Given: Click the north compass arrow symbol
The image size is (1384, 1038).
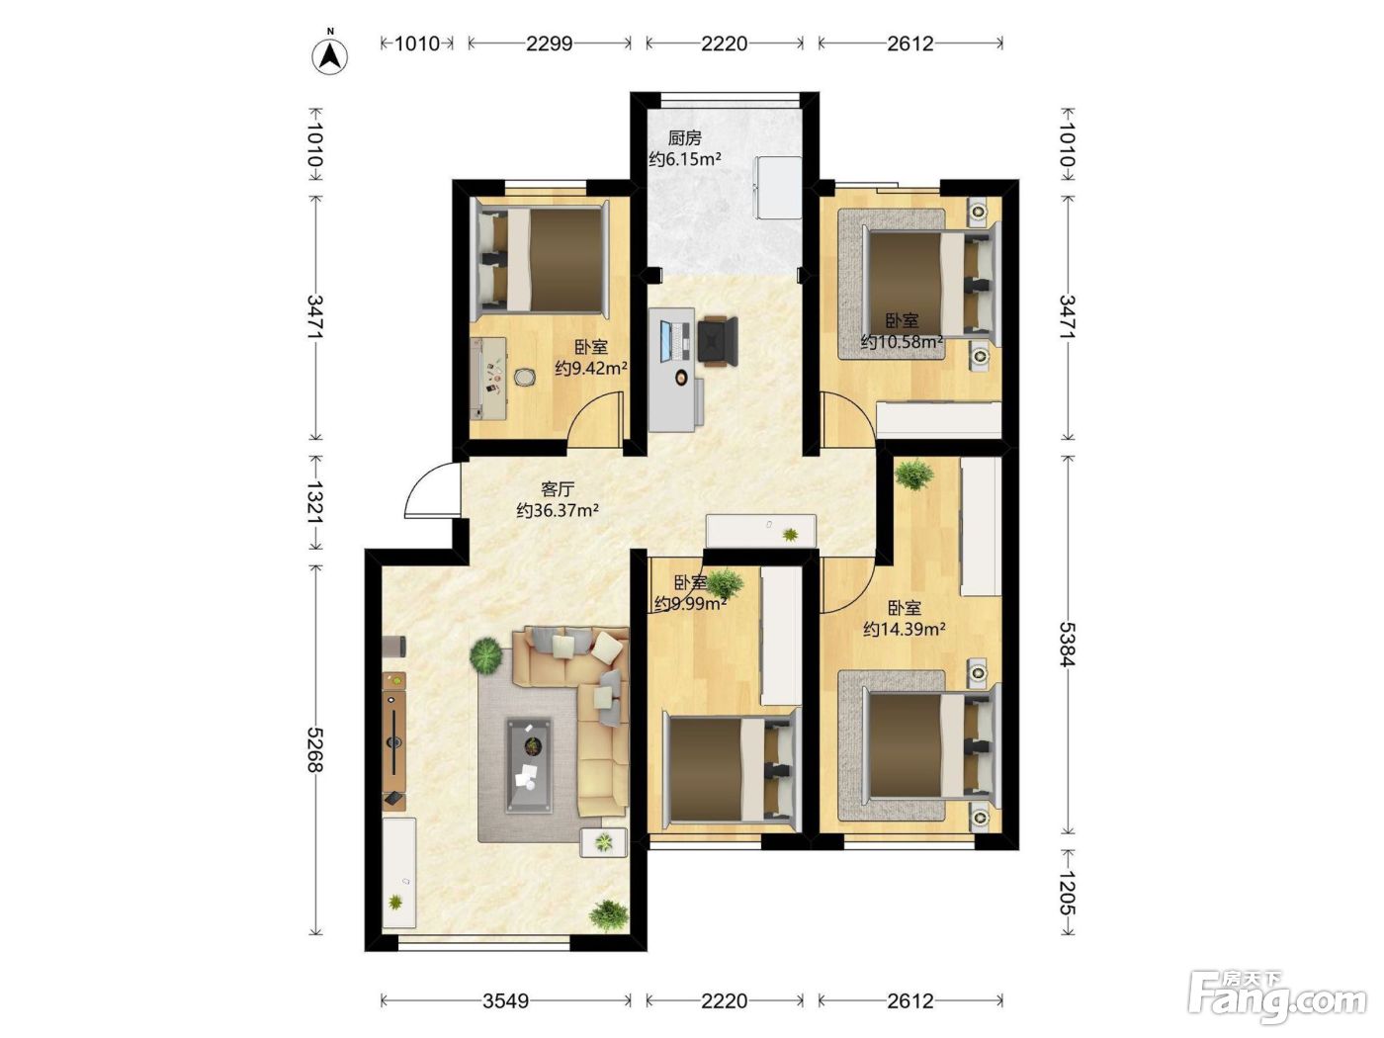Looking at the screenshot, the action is (330, 56).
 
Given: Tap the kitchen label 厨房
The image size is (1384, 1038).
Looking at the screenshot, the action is (685, 137).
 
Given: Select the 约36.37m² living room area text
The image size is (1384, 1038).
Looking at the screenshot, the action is (558, 510).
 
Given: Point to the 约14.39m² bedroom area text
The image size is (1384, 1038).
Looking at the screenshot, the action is (905, 629).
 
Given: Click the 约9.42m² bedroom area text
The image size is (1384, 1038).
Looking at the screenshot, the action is (591, 368).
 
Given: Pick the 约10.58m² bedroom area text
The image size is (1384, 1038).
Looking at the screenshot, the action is (903, 342).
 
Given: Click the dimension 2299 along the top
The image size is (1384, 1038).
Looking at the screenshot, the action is (550, 43).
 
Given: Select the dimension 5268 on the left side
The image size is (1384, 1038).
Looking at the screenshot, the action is (314, 749).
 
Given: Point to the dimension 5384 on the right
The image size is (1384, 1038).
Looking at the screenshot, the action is (1068, 645).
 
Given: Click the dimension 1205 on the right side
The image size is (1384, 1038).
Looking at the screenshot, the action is (1068, 893).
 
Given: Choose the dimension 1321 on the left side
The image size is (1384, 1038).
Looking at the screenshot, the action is (314, 502).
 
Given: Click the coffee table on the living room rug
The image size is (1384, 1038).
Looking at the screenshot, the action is (529, 764).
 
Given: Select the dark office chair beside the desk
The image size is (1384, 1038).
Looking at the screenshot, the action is (718, 340).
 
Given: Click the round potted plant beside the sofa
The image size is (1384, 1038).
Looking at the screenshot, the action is (485, 653).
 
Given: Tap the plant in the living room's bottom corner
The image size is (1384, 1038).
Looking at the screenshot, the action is (609, 915).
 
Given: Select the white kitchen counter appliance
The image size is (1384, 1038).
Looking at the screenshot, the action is (778, 188).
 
